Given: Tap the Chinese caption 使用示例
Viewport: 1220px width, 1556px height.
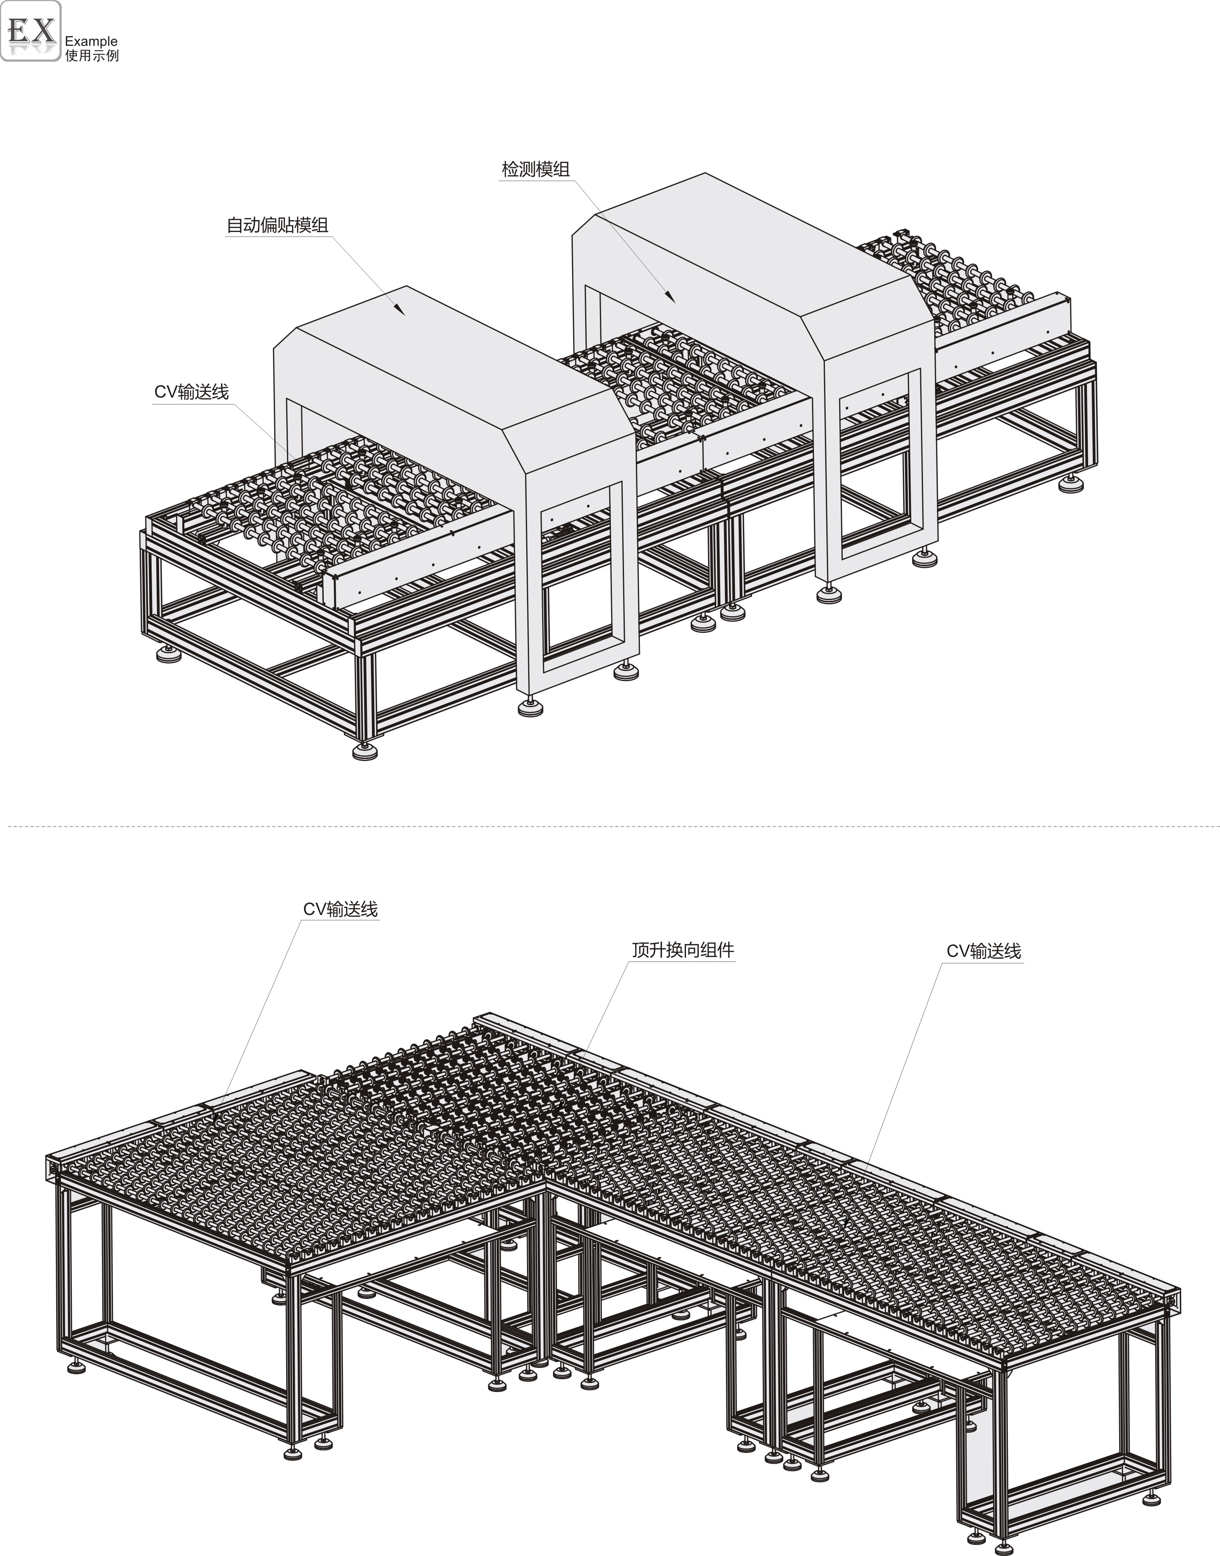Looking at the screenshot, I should tap(92, 56).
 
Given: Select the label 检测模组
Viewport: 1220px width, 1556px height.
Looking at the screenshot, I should tap(536, 170).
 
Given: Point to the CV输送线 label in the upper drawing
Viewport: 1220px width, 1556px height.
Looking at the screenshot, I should tap(192, 392).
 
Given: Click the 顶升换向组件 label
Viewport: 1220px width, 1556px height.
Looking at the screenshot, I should tap(683, 950).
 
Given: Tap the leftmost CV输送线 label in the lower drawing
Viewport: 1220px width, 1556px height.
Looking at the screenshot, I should tap(341, 909).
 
